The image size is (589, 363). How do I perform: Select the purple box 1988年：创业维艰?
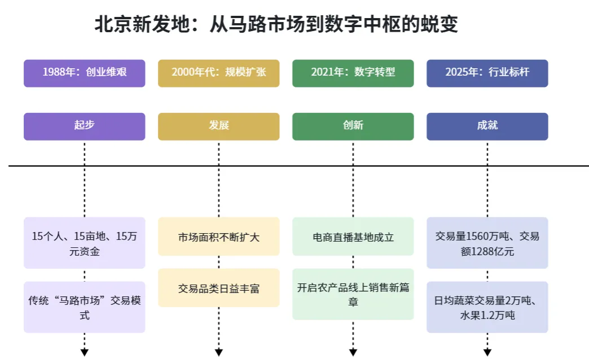pos(84,73)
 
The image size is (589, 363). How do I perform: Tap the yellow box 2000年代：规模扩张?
pos(218,73)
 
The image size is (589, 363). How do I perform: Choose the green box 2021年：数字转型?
pos(353,73)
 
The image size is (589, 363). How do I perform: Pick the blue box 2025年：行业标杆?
pos(487,73)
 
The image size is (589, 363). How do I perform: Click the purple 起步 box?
pos(84,126)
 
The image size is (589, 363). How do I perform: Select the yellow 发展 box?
pos(218,126)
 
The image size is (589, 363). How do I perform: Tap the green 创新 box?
pos(353,126)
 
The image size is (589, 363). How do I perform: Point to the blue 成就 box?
pos(487,126)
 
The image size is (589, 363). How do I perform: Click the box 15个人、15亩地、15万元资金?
pos(84,243)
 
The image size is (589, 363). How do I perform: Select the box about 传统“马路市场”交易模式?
pos(84,307)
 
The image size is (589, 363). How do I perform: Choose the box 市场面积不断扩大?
pos(218,237)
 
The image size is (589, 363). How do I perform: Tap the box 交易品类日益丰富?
pos(218,288)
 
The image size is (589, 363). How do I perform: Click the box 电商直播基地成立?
pos(353,237)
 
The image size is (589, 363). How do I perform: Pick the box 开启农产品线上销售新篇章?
pos(353,294)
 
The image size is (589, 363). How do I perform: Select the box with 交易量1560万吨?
pos(487,243)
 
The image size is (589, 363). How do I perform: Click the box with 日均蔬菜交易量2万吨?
pos(487,307)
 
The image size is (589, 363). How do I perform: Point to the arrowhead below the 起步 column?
pos(85,353)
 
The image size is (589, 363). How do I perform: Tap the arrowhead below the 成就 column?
pos(487,353)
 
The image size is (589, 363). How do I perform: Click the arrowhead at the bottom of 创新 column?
pos(353,353)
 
